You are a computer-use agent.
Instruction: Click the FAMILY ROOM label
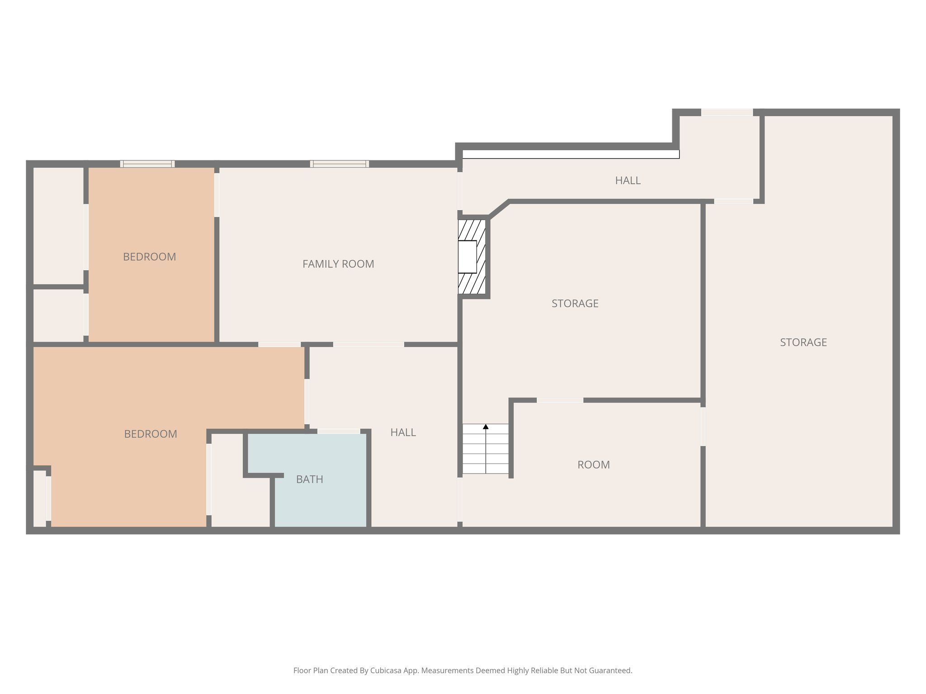tap(338, 264)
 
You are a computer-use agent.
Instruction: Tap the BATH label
tap(309, 479)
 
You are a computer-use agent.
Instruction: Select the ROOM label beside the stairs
tap(593, 464)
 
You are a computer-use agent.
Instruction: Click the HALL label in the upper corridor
tap(628, 180)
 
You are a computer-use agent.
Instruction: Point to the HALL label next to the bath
tap(403, 432)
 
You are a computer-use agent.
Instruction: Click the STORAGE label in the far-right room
tap(803, 342)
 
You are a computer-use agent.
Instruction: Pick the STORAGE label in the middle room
tap(575, 304)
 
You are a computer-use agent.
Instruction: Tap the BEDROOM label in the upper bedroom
tap(149, 257)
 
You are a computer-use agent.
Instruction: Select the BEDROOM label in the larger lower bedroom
tap(151, 434)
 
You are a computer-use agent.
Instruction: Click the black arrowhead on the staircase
tap(486, 427)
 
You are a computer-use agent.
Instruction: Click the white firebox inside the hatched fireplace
tap(467, 257)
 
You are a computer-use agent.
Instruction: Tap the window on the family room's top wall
tap(339, 164)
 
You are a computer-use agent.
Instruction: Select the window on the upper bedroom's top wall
tap(147, 164)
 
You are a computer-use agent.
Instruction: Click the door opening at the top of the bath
tap(339, 431)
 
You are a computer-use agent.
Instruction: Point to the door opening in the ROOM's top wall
tap(560, 400)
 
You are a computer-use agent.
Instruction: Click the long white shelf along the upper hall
tap(571, 155)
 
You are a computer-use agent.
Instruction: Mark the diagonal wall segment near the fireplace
tap(499, 209)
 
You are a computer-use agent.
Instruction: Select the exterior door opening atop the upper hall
tap(727, 113)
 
